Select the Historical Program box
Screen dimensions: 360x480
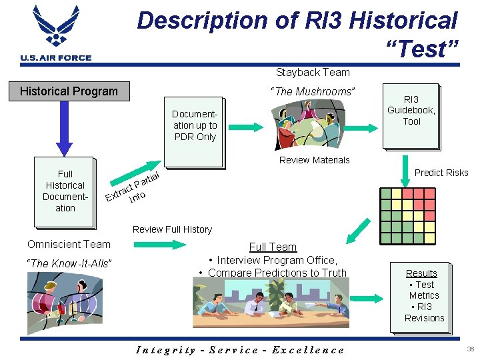69,91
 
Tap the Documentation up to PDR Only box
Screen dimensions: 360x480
194,126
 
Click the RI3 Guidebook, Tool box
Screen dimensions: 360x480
411,111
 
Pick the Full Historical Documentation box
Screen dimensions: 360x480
65,191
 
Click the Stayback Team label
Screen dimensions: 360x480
313,72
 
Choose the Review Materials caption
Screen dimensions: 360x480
314,160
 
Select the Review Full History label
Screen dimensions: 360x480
172,229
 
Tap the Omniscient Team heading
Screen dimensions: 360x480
69,245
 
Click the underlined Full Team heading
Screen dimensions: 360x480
273,247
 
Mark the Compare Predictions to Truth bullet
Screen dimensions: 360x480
273,272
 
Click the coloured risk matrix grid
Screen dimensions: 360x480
409,215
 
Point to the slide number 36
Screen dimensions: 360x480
471,349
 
